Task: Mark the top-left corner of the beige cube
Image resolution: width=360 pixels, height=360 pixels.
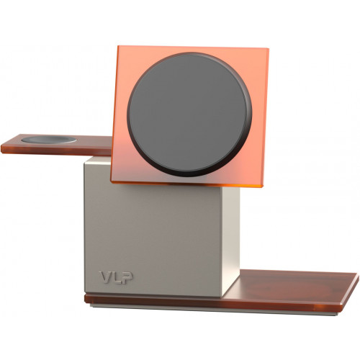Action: [x=84, y=160]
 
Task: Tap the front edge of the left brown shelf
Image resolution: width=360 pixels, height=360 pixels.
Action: [x=50, y=150]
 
